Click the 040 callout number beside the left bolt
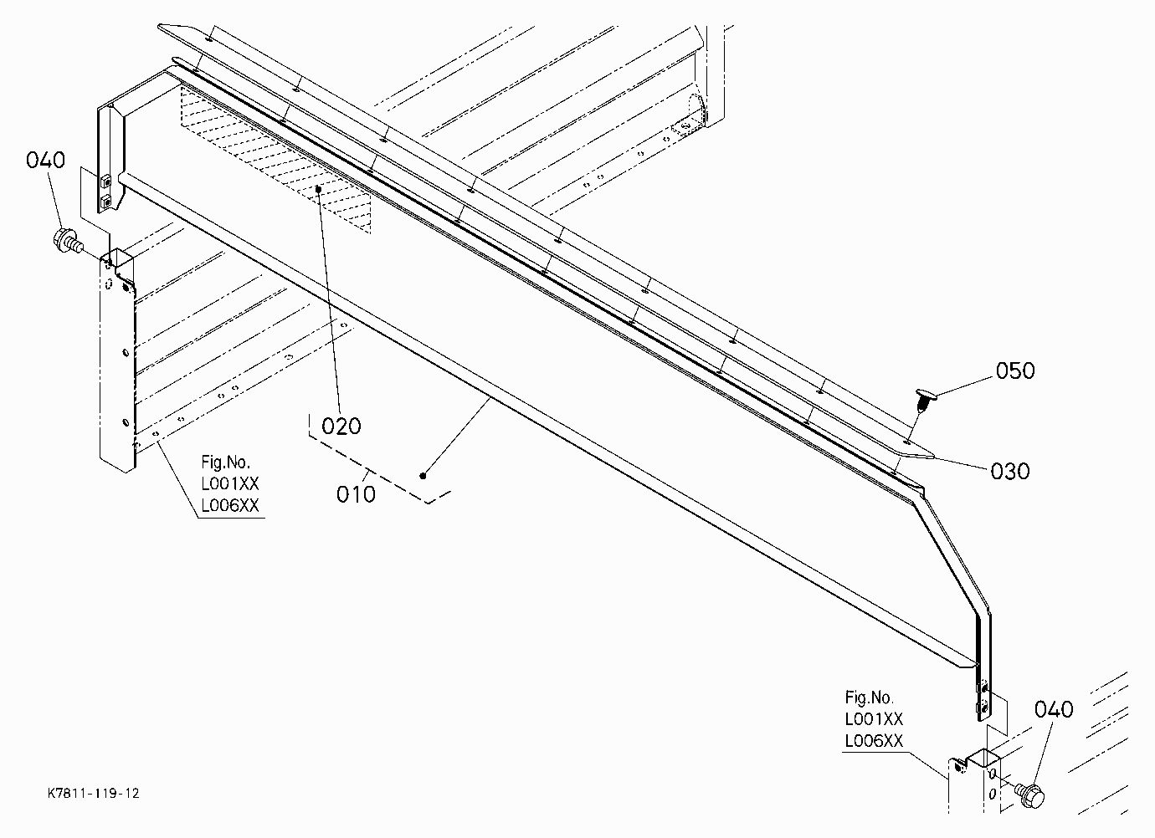click(x=45, y=160)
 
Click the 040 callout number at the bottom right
click(x=1054, y=710)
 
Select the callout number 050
click(x=1015, y=371)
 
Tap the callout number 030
click(x=1010, y=471)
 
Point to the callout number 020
click(x=341, y=427)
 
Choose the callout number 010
click(x=356, y=495)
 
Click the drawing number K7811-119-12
click(x=94, y=793)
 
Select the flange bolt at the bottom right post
click(x=1029, y=795)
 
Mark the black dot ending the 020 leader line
click(x=319, y=189)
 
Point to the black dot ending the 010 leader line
click(x=423, y=476)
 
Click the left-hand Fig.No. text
click(x=225, y=462)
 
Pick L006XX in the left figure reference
click(x=230, y=506)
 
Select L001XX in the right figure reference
click(x=874, y=719)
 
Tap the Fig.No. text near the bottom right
click(x=869, y=697)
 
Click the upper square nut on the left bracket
click(x=105, y=181)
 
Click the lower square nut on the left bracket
click(x=105, y=201)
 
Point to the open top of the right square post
click(x=983, y=757)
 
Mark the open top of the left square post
click(x=121, y=256)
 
